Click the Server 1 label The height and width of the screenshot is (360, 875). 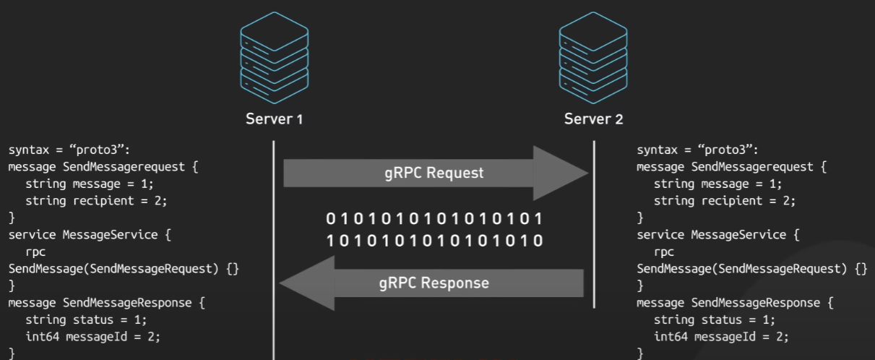tap(274, 119)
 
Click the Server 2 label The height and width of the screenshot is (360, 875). tap(593, 119)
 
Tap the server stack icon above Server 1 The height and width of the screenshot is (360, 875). tap(275, 55)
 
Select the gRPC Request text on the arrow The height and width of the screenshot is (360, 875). tap(434, 173)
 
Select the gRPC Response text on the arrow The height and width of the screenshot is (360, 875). tap(434, 283)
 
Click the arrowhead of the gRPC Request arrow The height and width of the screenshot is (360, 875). tap(560, 173)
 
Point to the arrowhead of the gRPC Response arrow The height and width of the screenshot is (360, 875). tap(307, 283)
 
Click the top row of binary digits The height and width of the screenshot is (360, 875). tap(434, 219)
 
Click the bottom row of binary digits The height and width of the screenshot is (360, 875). tap(434, 241)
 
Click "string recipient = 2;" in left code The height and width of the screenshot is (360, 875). tap(90, 201)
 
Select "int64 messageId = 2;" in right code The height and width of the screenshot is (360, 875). tap(721, 337)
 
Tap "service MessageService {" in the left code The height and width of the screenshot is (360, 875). tap(90, 235)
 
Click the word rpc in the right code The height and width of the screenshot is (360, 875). tap(664, 252)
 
